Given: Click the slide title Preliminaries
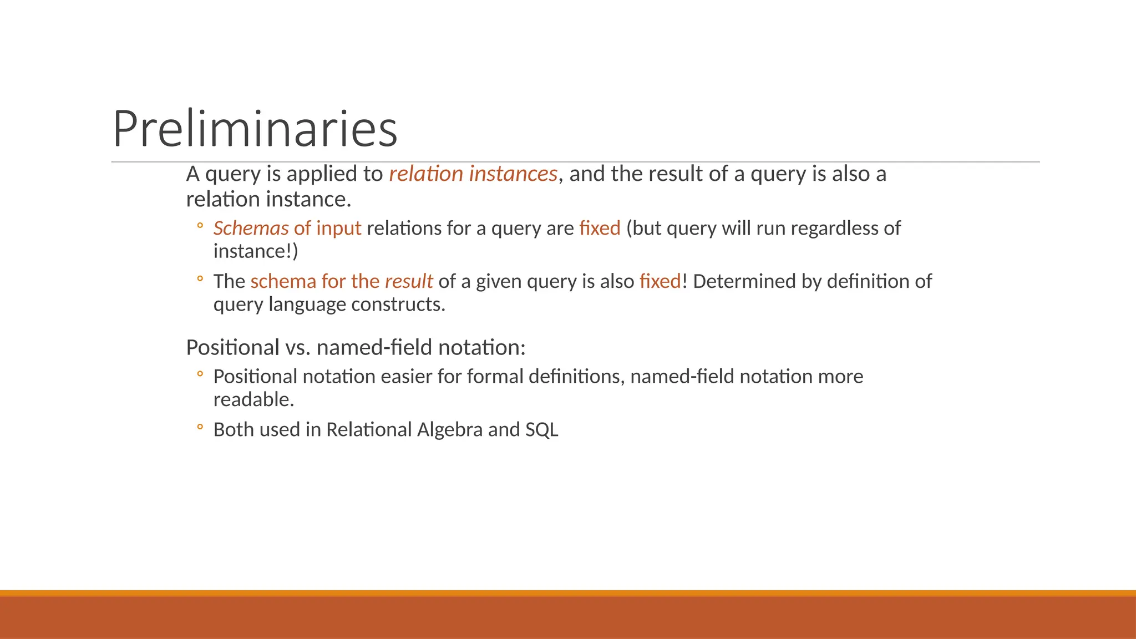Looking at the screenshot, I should [x=255, y=129].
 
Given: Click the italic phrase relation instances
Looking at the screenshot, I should [x=473, y=174].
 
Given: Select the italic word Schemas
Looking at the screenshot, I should [x=251, y=228].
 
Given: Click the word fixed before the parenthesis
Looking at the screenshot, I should [x=600, y=228].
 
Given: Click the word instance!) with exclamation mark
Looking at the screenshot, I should [x=256, y=251].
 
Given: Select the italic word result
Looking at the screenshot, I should [x=408, y=281].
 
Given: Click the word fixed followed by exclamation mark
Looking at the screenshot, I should [x=660, y=281].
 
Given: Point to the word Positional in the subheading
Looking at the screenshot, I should [x=232, y=348].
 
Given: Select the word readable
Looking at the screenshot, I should [x=253, y=399].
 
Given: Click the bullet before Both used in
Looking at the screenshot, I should [x=200, y=427].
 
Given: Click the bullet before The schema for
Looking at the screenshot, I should [x=200, y=279].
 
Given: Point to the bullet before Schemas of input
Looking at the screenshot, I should [x=200, y=226].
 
